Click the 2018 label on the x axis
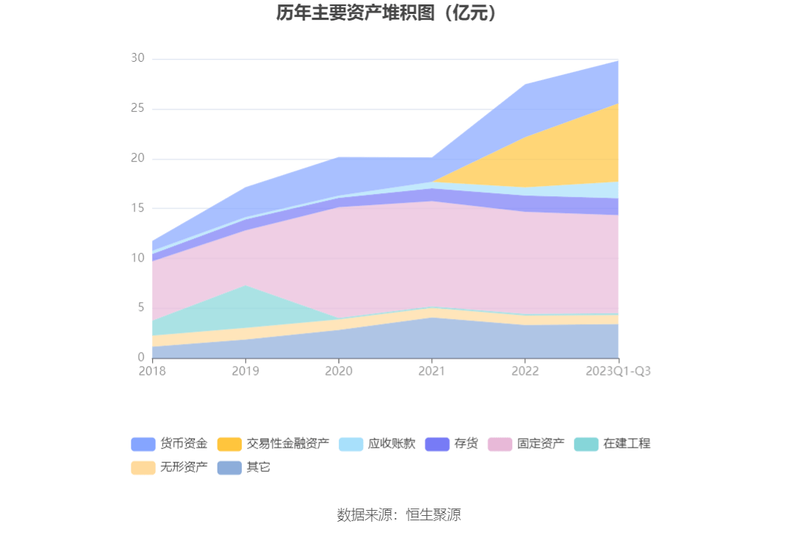152,371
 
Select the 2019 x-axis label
245,371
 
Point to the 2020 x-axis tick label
338,371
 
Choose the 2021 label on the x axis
431,371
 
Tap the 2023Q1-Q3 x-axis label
618,371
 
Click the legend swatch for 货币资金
143,444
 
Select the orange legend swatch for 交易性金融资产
229,444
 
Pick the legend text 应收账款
392,444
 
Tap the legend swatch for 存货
437,444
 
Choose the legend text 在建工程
627,444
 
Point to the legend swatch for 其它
229,467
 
